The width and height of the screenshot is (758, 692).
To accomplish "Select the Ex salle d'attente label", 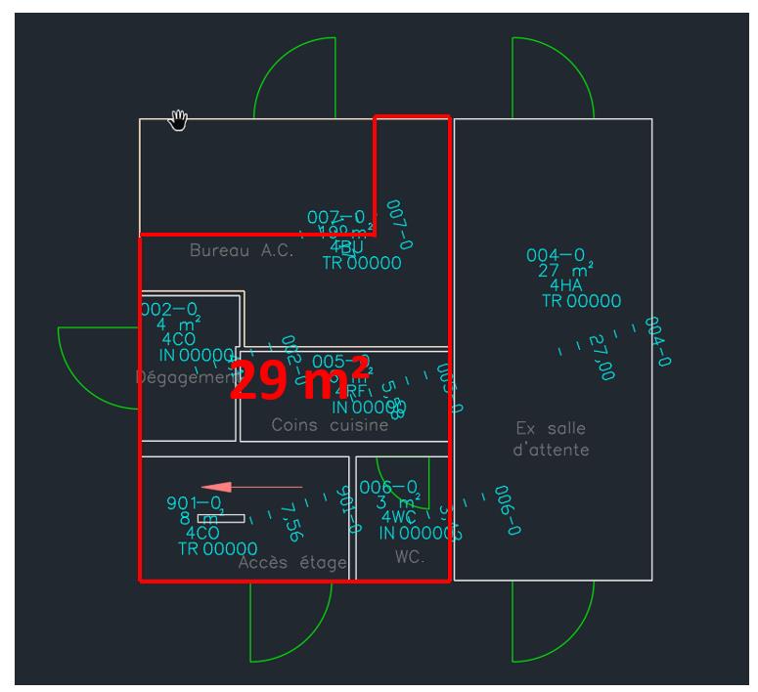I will [x=552, y=439].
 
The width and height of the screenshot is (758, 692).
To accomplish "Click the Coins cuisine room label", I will [x=330, y=425].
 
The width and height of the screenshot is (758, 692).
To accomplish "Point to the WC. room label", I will [x=407, y=555].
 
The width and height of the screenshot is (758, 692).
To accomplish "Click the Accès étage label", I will [x=292, y=562].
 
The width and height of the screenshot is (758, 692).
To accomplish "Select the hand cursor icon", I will [x=178, y=119].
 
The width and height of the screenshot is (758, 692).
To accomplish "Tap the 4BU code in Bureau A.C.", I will [x=341, y=246].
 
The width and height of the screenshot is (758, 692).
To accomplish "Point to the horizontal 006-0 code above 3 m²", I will [x=388, y=487].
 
